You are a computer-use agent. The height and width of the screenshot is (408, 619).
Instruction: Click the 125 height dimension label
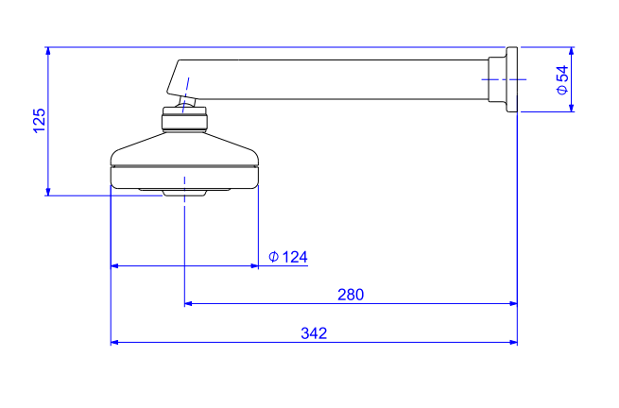click(x=40, y=121)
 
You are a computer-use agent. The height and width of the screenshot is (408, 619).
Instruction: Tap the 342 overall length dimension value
click(x=314, y=333)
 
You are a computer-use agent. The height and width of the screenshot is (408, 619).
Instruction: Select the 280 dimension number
click(x=351, y=295)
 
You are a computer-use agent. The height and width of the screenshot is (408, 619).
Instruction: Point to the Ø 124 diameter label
click(x=288, y=257)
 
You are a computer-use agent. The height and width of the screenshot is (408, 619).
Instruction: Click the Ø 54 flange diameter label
click(x=562, y=80)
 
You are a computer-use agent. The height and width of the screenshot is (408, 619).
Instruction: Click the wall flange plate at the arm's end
click(x=512, y=79)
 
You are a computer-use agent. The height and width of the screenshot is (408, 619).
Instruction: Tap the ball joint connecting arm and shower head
click(x=186, y=102)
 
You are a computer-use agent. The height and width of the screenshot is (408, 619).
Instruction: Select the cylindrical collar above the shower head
click(x=184, y=119)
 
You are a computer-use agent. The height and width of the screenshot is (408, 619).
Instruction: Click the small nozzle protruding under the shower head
click(x=184, y=193)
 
